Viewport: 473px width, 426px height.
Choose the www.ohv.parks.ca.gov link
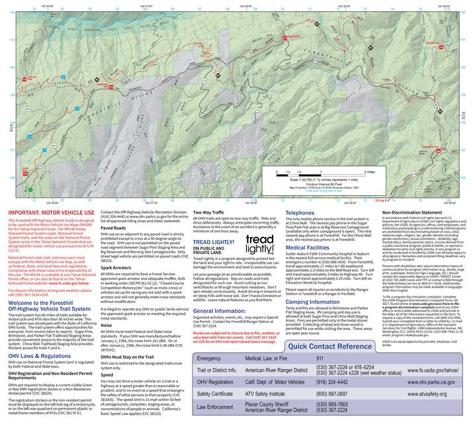pyautogui.click(x=424, y=382)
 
